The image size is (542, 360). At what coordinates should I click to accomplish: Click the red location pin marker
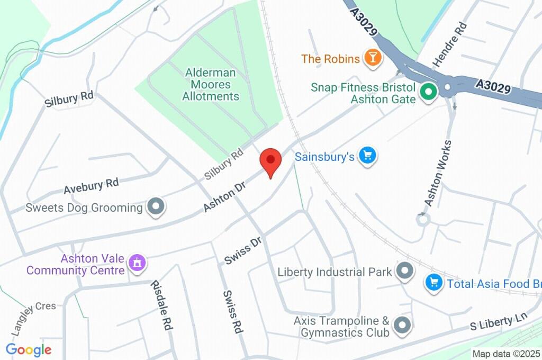(270, 160)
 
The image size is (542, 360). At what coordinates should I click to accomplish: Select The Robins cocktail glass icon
(373, 58)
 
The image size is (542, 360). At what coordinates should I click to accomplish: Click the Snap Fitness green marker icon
(427, 93)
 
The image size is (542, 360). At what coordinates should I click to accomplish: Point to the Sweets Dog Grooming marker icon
(155, 207)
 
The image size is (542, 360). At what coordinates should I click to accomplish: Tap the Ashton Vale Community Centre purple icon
(137, 262)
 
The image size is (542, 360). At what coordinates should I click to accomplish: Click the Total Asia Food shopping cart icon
(433, 283)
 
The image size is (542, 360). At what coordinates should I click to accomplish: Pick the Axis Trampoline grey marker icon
(403, 325)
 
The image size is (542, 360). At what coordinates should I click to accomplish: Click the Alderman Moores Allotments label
(211, 84)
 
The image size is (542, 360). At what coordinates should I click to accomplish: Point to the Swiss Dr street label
(243, 250)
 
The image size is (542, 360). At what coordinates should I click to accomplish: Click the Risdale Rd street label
(162, 305)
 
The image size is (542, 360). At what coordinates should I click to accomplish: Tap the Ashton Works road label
(439, 173)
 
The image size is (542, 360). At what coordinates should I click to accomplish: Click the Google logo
(28, 349)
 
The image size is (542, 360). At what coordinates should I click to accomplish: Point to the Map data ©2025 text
(506, 354)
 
